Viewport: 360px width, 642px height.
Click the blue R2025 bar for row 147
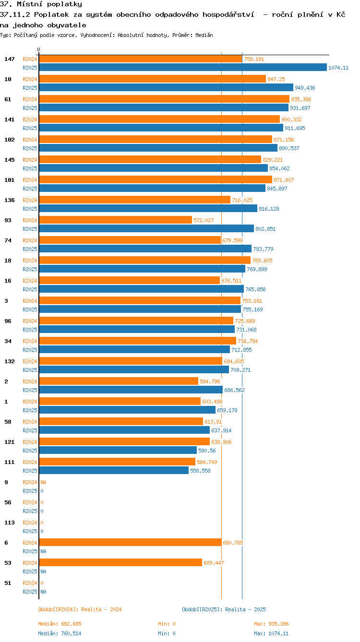(x=182, y=68)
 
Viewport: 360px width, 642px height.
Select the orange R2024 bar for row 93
(x=115, y=220)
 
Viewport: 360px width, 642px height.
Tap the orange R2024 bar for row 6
(x=130, y=543)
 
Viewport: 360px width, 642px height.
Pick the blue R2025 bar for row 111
(x=114, y=471)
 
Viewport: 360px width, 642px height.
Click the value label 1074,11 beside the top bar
(x=338, y=68)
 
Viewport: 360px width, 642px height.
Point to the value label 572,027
(x=204, y=220)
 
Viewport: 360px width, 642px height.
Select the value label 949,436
(x=305, y=88)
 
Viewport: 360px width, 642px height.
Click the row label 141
(x=9, y=119)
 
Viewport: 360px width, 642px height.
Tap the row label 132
(x=9, y=361)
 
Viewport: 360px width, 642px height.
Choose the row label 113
(x=9, y=523)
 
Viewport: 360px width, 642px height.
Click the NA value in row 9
(x=43, y=482)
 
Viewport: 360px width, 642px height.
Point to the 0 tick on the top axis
(x=39, y=49)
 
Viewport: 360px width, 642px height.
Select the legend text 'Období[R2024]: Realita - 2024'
(x=80, y=609)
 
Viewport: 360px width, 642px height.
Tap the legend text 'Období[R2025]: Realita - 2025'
(x=224, y=609)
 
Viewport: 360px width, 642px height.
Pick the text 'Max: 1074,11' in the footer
(x=271, y=633)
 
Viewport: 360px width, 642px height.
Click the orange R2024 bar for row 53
(x=120, y=563)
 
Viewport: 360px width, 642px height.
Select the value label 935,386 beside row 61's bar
(x=301, y=99)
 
